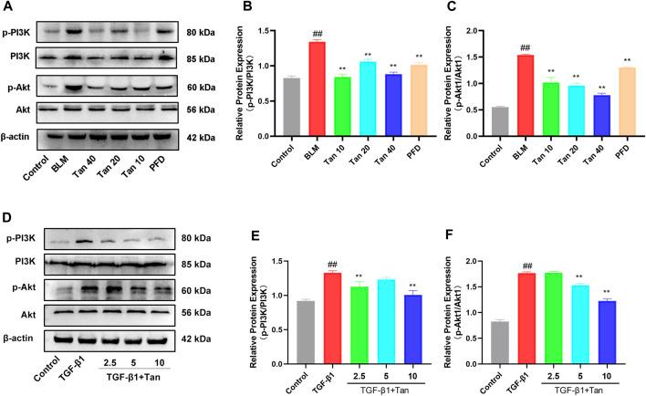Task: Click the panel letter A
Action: [x=8, y=8]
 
